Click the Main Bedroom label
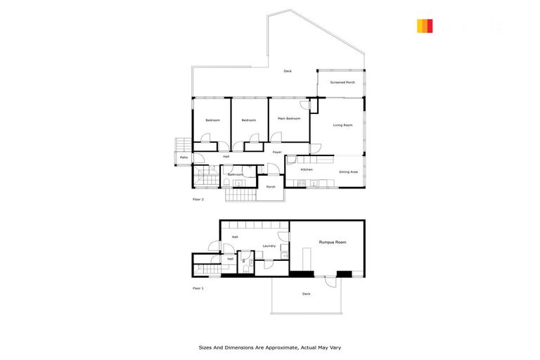[288, 119]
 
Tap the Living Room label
[342, 125]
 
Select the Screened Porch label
[342, 82]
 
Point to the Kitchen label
[307, 170]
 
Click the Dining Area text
[349, 172]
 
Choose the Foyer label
[277, 152]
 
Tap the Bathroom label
[235, 174]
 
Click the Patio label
[184, 157]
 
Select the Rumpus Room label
[332, 243]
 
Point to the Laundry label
[269, 245]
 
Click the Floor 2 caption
[198, 199]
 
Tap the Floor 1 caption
[198, 288]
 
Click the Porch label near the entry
[271, 186]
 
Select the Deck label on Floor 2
[288, 71]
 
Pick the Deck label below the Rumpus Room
[306, 293]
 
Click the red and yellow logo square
[425, 26]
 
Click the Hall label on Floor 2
[226, 156]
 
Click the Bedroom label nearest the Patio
[212, 120]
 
